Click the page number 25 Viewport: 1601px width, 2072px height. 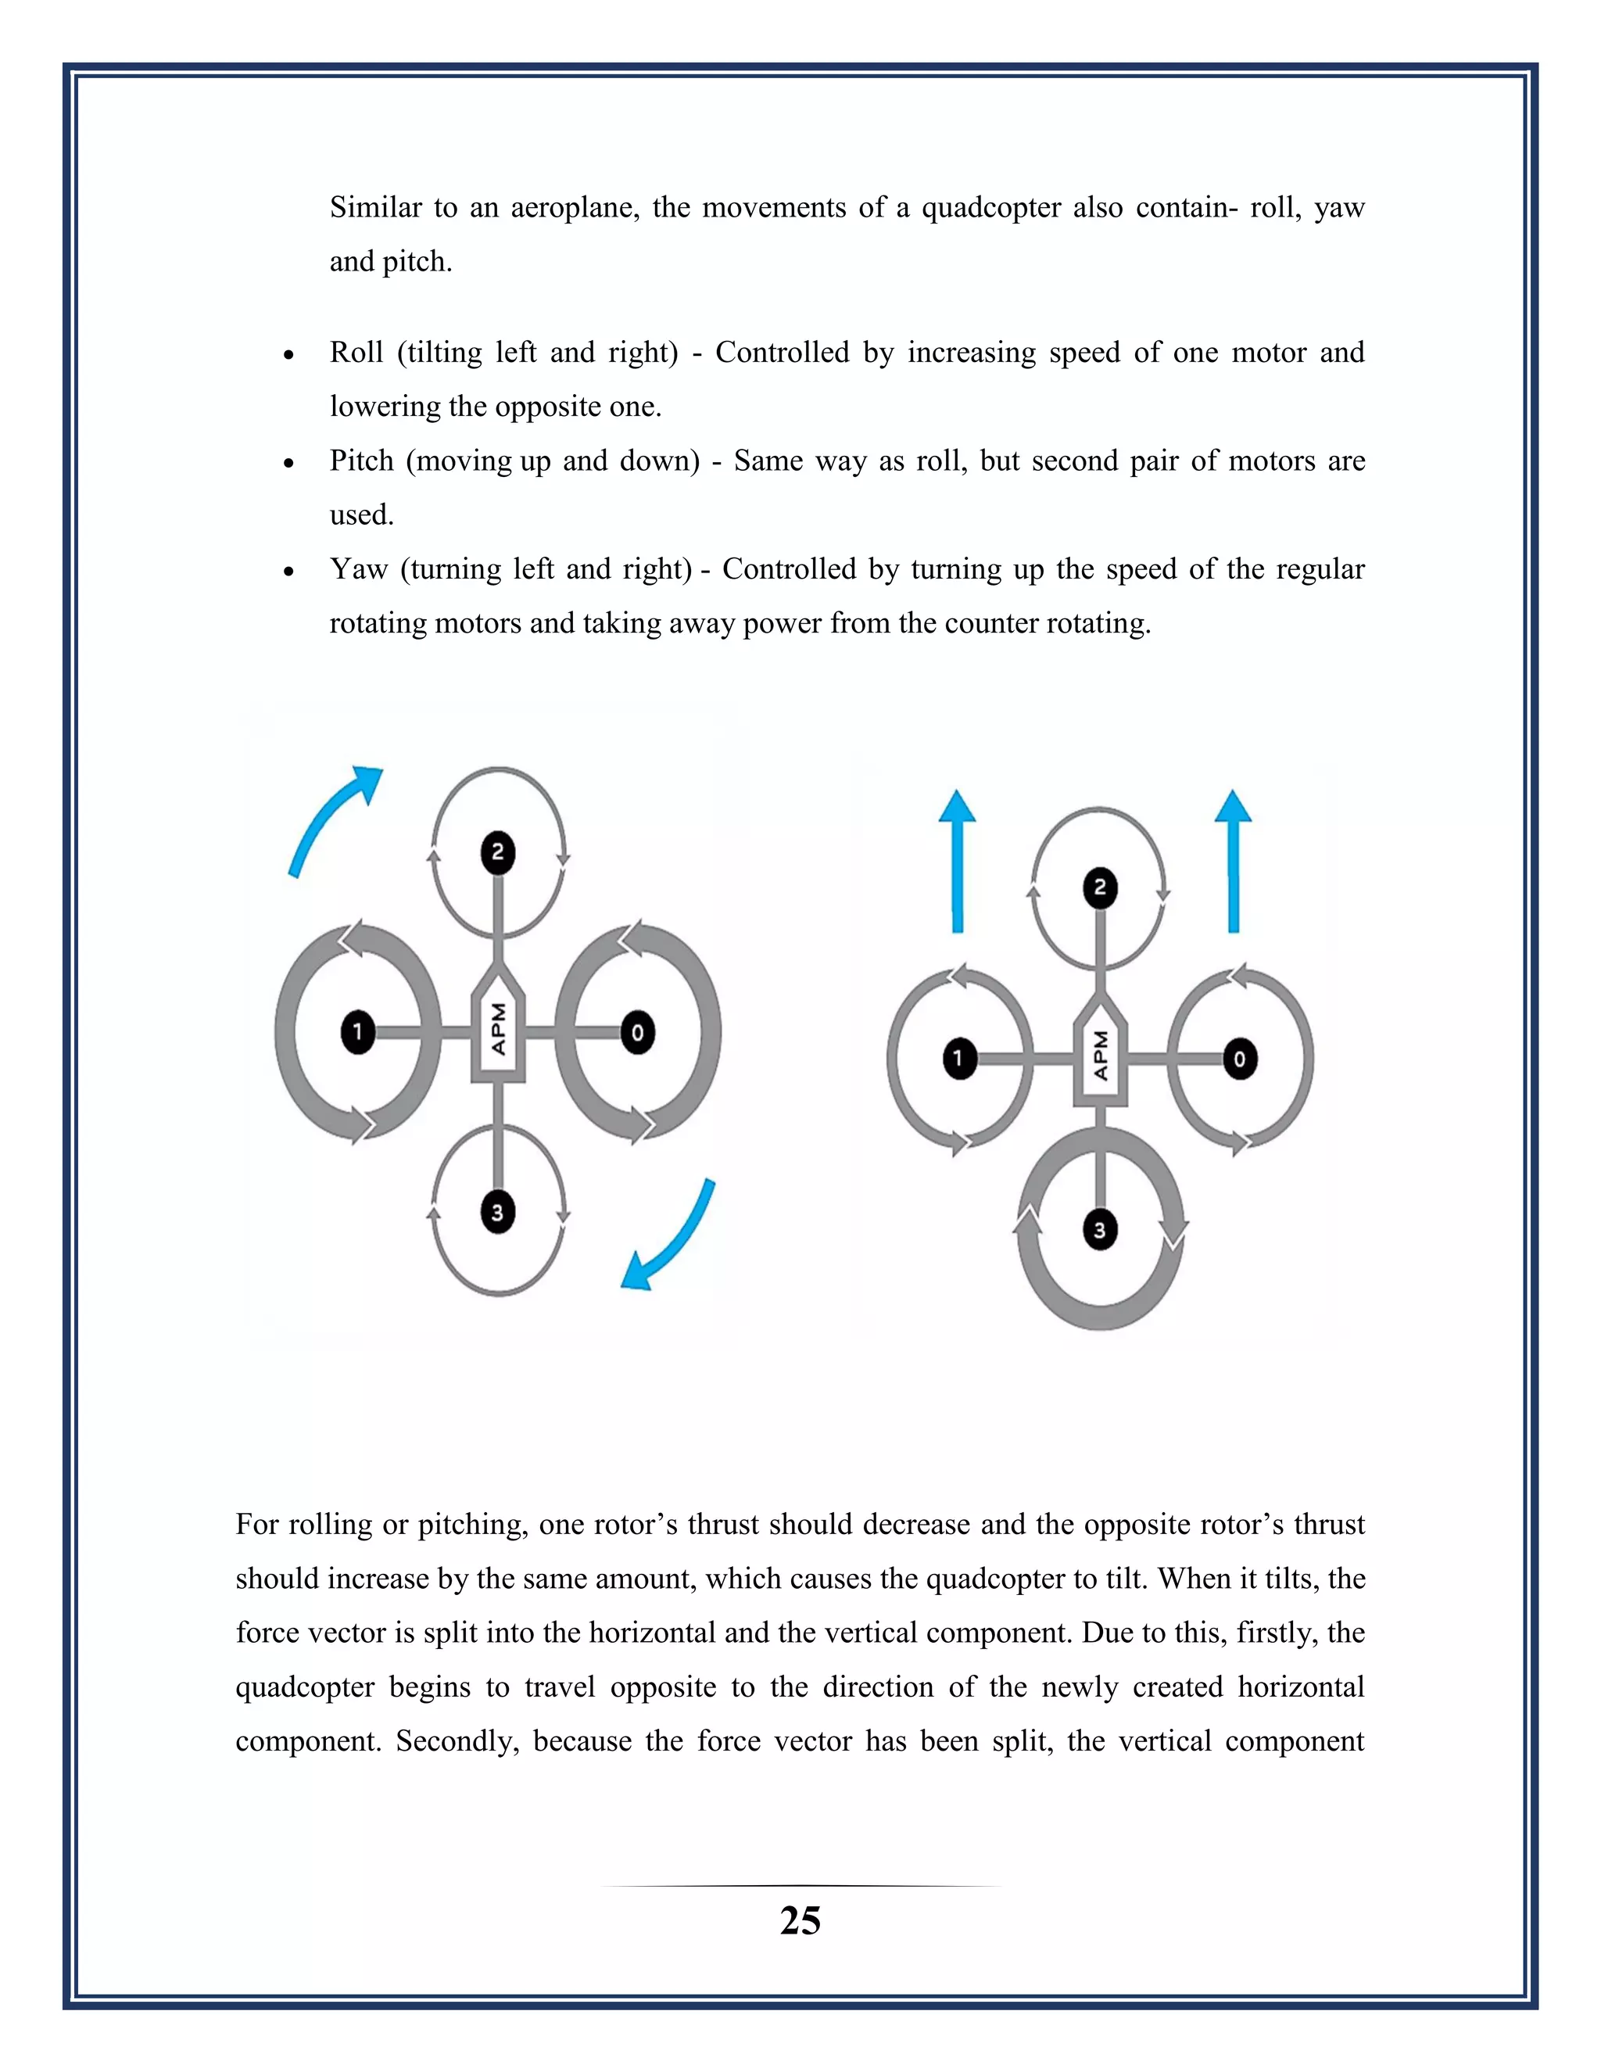800,1921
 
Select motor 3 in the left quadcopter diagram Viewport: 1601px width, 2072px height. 498,1211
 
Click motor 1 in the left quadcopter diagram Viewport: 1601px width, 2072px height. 357,1031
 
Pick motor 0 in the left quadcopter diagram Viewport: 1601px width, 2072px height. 637,1032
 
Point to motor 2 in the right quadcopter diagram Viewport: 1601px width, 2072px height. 1100,888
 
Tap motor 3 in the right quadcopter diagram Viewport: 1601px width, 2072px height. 1100,1230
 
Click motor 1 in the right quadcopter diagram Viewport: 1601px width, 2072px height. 960,1059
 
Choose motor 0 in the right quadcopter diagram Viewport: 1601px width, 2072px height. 1240,1059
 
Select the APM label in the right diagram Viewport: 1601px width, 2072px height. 1100,1055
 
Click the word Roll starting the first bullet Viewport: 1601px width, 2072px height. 356,352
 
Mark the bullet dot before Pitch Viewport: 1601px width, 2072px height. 288,463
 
